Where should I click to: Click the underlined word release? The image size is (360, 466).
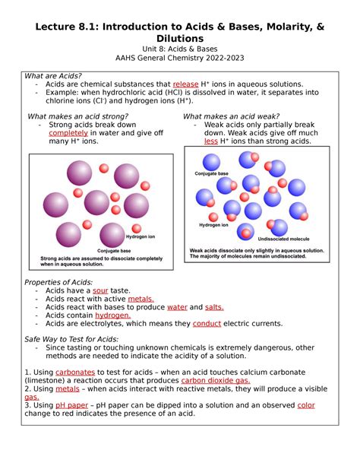pyautogui.click(x=185, y=84)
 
